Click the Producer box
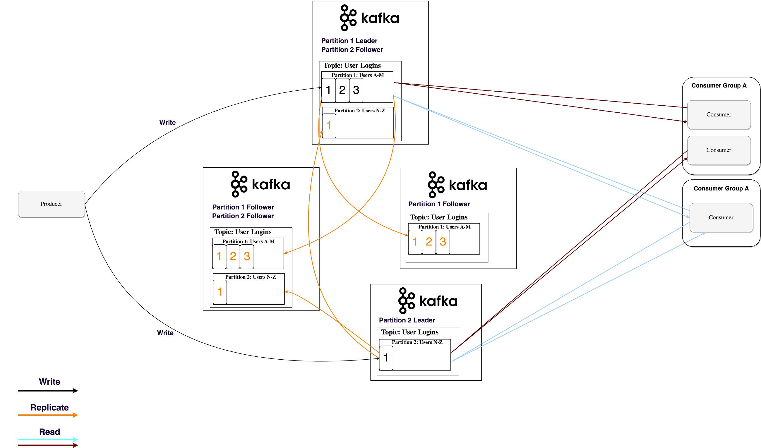click(x=51, y=204)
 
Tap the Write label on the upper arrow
click(x=167, y=123)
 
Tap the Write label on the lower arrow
click(x=165, y=333)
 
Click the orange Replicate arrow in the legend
click(x=48, y=415)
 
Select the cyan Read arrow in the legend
click(x=48, y=439)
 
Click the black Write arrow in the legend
click(x=48, y=391)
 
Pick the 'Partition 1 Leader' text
click(x=349, y=41)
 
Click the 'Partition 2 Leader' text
click(x=407, y=320)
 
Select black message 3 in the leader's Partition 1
click(x=356, y=90)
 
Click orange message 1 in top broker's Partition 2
click(x=329, y=126)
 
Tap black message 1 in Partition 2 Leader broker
click(x=386, y=358)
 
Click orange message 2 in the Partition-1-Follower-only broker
click(x=429, y=242)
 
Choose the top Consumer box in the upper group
click(x=719, y=115)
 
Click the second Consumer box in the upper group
click(x=719, y=150)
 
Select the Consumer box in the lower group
click(x=721, y=217)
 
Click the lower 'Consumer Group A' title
click(x=721, y=188)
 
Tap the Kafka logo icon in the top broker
click(x=348, y=18)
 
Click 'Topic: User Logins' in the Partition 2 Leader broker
click(x=409, y=332)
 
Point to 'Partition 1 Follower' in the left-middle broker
click(x=243, y=207)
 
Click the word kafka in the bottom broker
click(x=438, y=301)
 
